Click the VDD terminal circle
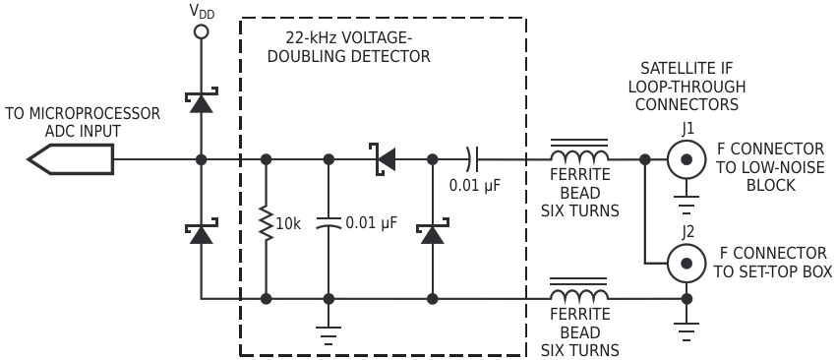point(201,31)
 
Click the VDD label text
point(202,11)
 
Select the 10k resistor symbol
point(266,223)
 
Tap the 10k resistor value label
point(288,224)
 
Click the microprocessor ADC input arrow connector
point(71,159)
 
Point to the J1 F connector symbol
point(687,159)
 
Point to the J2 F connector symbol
point(687,263)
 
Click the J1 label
point(687,130)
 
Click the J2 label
point(687,233)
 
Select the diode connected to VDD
point(201,100)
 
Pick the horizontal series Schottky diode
point(383,159)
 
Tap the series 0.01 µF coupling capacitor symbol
point(472,159)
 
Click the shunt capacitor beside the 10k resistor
point(328,223)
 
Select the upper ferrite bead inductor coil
point(579,150)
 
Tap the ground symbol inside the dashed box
point(328,335)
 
